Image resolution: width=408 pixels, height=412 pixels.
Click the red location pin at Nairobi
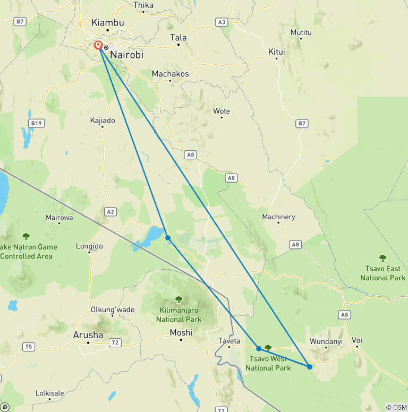[x=98, y=45]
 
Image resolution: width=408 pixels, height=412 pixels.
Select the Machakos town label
[x=170, y=74]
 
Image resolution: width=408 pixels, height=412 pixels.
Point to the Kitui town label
[x=276, y=51]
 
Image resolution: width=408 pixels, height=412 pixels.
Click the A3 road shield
[x=222, y=22]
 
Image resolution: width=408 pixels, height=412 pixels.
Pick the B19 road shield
[x=36, y=123]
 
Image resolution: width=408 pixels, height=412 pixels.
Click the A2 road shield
[x=110, y=211]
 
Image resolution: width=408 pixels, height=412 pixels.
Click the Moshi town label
[x=181, y=332]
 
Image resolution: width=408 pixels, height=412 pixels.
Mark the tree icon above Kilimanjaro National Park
[x=178, y=300]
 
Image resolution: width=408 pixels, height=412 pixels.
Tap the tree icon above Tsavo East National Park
[x=382, y=258]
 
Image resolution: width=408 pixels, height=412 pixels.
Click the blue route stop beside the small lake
[x=168, y=238]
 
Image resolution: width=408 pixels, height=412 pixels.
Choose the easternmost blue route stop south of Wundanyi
[x=310, y=366]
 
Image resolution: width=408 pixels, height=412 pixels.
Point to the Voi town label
[x=357, y=340]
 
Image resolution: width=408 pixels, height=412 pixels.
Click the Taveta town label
[x=229, y=340]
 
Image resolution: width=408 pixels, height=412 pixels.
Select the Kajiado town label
[x=103, y=121]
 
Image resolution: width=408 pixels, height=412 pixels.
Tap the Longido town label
[x=89, y=246]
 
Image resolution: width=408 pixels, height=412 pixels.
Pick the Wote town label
[x=222, y=111]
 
